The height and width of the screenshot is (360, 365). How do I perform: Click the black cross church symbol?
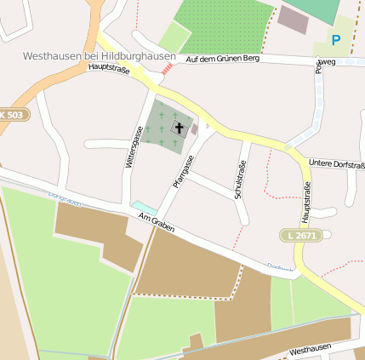179,129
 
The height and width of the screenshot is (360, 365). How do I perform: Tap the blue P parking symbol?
335,40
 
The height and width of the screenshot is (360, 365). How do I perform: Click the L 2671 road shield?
300,234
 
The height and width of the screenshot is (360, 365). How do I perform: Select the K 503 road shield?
12,114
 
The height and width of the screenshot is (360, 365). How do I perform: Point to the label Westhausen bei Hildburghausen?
99,57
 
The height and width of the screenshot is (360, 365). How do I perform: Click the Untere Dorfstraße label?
336,162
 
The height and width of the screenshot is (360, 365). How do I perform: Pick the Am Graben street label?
156,226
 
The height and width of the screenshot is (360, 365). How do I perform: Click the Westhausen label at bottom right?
310,350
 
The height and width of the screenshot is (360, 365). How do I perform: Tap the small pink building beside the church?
194,129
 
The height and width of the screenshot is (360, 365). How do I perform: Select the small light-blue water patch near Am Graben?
144,208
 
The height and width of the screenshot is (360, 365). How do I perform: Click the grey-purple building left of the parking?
294,20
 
